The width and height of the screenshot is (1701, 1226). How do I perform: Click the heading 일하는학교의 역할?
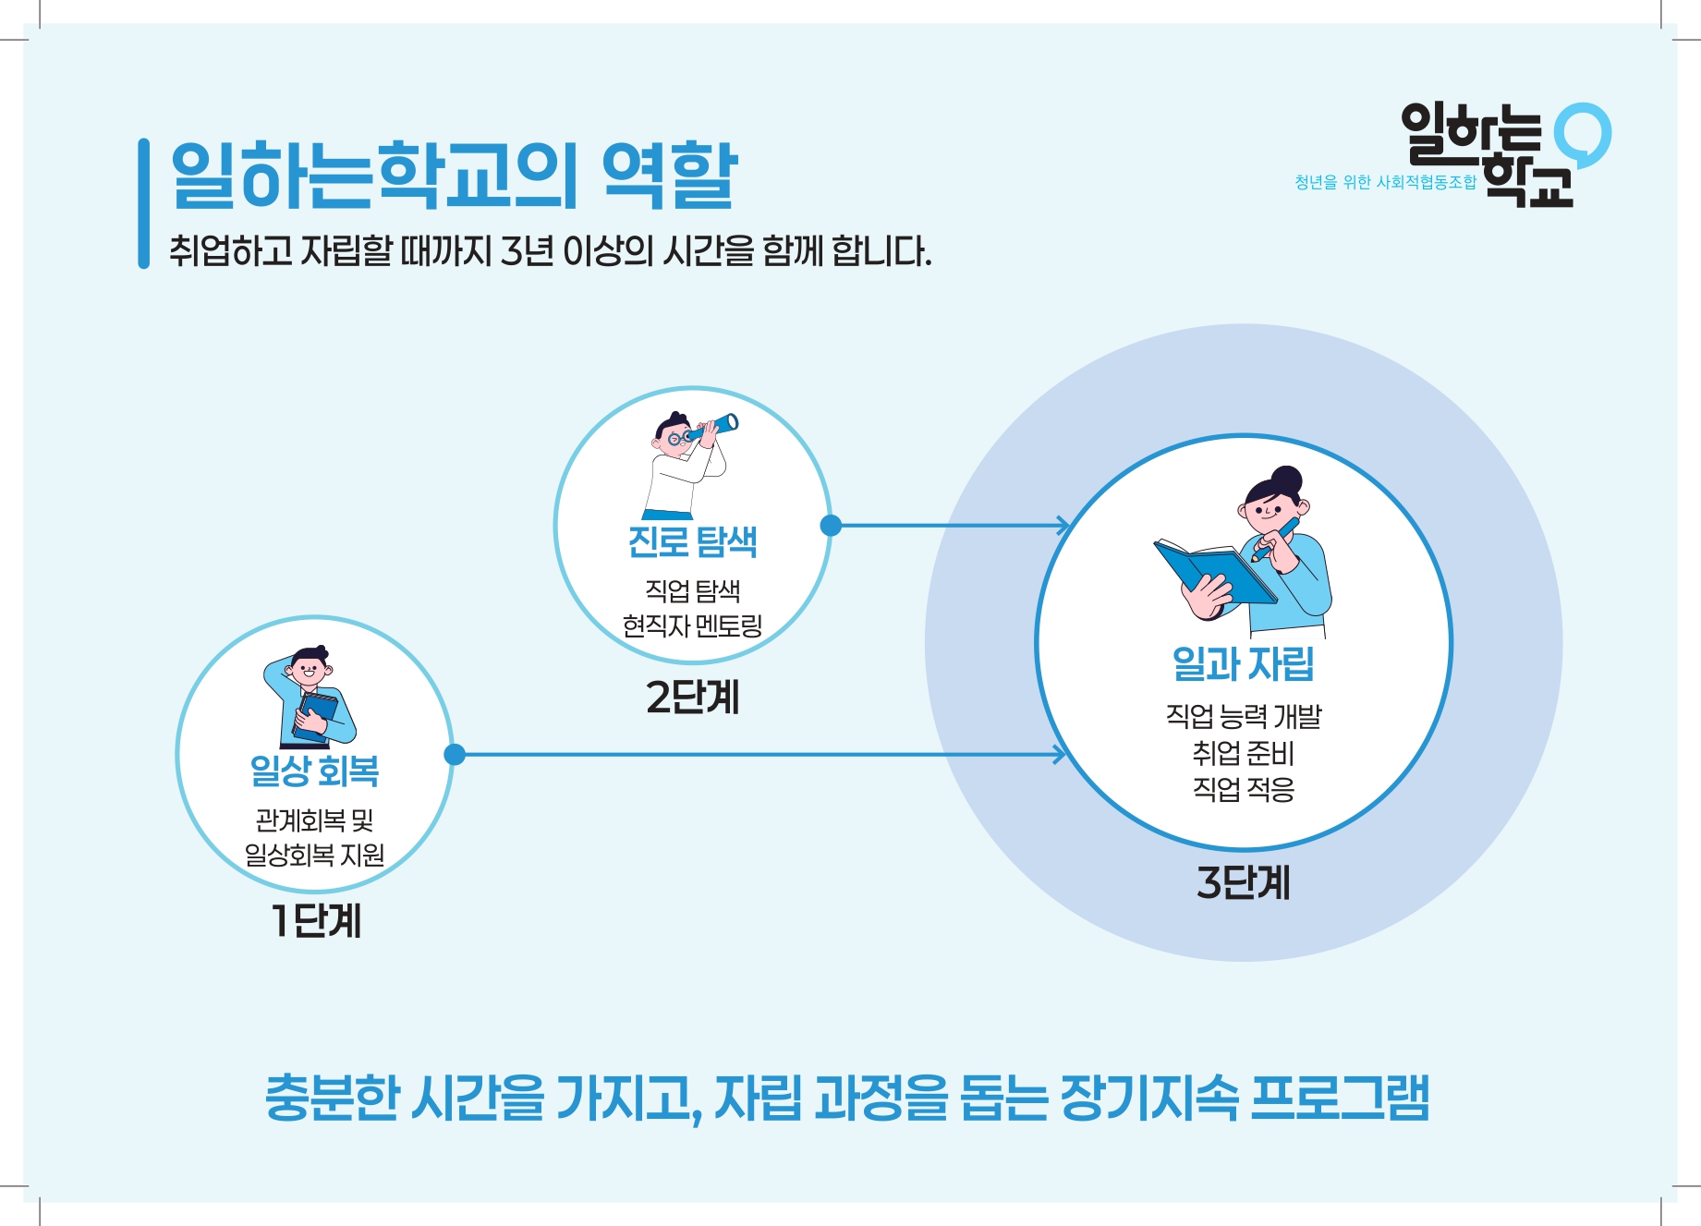(454, 176)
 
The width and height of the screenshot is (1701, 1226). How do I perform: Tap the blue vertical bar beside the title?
(143, 203)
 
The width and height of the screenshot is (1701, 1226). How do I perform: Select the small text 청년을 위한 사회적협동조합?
(1385, 182)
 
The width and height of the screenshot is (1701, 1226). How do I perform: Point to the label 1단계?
(316, 920)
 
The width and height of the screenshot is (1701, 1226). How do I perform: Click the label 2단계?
(693, 697)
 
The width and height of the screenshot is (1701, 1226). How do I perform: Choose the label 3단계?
(1243, 882)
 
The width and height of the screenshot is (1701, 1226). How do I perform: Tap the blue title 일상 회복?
(314, 771)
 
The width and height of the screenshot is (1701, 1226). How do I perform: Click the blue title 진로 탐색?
(692, 541)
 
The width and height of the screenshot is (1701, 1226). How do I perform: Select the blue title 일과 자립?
(1243, 663)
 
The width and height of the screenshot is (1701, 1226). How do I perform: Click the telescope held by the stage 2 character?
(713, 427)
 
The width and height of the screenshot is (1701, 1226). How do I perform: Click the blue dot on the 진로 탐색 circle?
(831, 526)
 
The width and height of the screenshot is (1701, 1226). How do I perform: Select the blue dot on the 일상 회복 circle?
(455, 755)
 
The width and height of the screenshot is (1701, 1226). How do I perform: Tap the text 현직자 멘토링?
(692, 626)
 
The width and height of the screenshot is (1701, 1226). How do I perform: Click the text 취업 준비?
(1243, 753)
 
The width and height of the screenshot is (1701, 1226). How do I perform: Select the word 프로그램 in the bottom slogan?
(1340, 1098)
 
